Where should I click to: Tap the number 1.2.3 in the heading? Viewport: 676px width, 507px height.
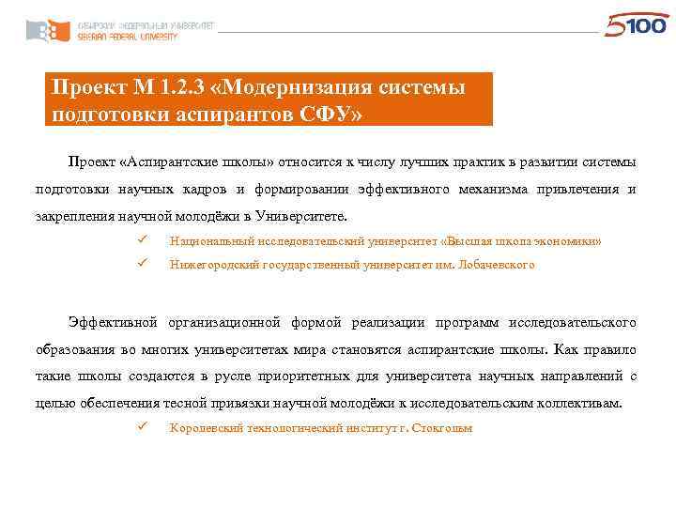tap(181, 88)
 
